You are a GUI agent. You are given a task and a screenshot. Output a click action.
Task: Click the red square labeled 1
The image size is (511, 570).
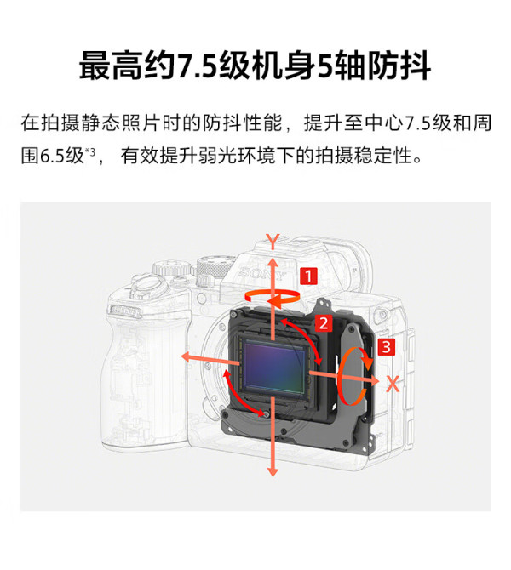308,276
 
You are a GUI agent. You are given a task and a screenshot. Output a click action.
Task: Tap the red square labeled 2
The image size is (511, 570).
324,322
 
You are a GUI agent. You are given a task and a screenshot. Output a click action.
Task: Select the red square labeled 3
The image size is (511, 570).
386,346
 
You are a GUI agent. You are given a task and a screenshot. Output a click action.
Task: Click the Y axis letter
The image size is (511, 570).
273,242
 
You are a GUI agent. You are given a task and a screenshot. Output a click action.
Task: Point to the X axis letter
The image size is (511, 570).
393,384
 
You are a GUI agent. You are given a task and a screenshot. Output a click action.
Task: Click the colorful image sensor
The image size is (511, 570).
275,368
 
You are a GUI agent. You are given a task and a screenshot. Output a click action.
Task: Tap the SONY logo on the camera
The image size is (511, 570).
263,272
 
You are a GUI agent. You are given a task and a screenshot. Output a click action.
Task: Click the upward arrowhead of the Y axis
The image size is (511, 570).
273,263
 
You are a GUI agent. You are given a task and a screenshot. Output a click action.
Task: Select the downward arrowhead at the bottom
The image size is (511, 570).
273,471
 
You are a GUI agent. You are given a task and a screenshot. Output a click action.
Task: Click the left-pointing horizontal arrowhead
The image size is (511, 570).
187,357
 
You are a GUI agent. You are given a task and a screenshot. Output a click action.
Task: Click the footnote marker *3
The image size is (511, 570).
90,151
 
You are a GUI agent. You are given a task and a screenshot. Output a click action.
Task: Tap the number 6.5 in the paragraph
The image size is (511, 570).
52,156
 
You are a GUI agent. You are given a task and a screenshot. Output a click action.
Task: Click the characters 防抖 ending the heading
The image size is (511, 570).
399,66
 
